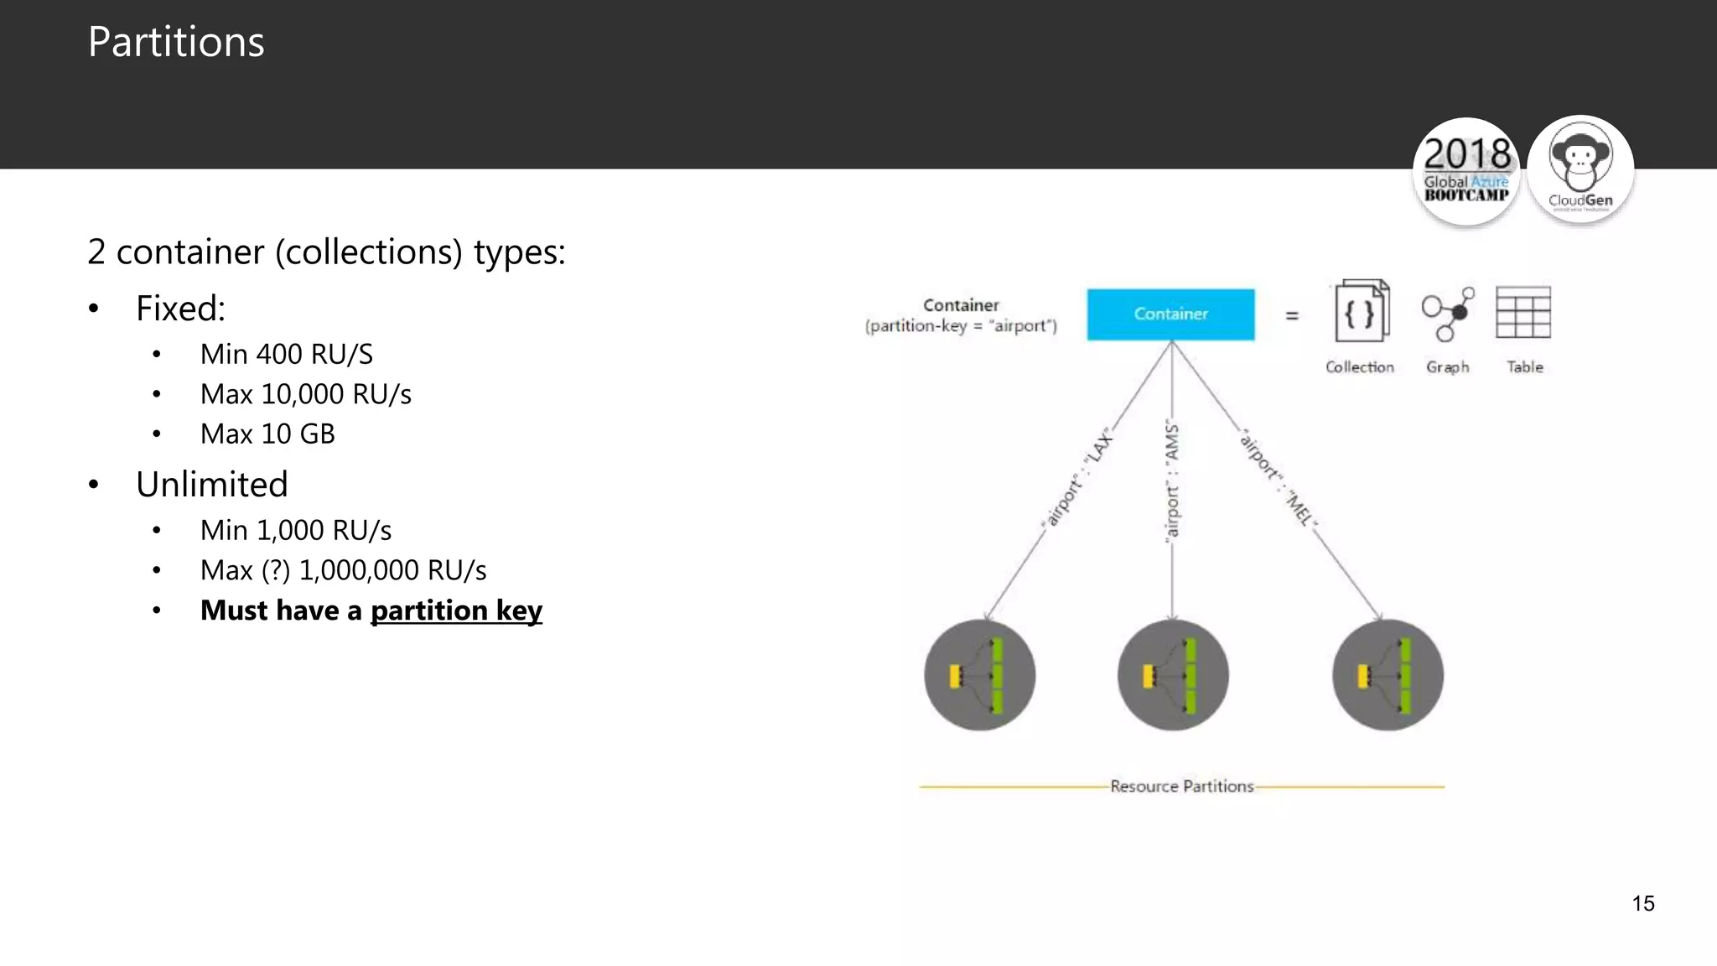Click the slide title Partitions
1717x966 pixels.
pos(176,42)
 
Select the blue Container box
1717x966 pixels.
pos(1170,314)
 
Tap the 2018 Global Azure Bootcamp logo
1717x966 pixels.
pos(1466,172)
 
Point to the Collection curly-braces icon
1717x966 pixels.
pos(1361,312)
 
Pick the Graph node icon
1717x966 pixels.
pos(1448,314)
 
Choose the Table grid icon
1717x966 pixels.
pos(1523,312)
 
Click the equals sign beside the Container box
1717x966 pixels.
pos(1292,315)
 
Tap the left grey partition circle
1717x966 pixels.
pos(979,675)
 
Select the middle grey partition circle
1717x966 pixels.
pos(1172,675)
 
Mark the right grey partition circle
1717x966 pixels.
pos(1388,675)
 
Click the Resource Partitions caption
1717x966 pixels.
pos(1181,787)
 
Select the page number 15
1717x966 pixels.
pos(1643,903)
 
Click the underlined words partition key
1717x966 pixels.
pos(456,610)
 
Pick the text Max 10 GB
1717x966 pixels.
pos(267,434)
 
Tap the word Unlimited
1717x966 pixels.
pos(212,485)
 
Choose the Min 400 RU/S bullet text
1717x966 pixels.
pos(286,355)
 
